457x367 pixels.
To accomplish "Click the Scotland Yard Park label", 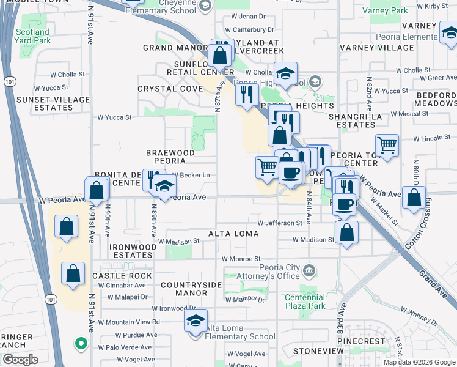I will (32, 36).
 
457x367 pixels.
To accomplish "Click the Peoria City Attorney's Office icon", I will (310, 270).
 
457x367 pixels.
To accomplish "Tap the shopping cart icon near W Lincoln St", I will (387, 145).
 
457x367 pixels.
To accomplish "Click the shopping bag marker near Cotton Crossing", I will (414, 197).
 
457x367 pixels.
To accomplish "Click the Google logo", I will (20, 360).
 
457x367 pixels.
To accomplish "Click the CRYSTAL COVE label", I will (170, 89).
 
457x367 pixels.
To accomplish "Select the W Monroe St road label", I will (241, 259).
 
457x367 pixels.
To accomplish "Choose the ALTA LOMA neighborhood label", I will (233, 234).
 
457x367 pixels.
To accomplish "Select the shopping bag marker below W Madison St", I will (346, 233).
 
